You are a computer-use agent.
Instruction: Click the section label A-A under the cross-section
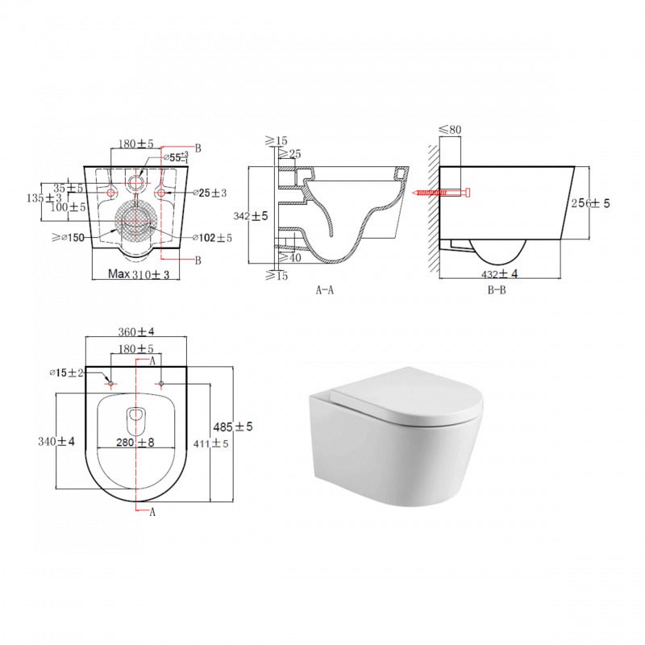point(325,290)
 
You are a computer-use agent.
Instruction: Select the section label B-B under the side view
point(497,290)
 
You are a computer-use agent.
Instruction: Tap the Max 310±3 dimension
point(139,275)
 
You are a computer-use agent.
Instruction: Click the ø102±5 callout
point(212,238)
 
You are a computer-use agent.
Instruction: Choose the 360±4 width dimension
point(136,331)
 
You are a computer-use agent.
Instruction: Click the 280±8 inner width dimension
point(135,442)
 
